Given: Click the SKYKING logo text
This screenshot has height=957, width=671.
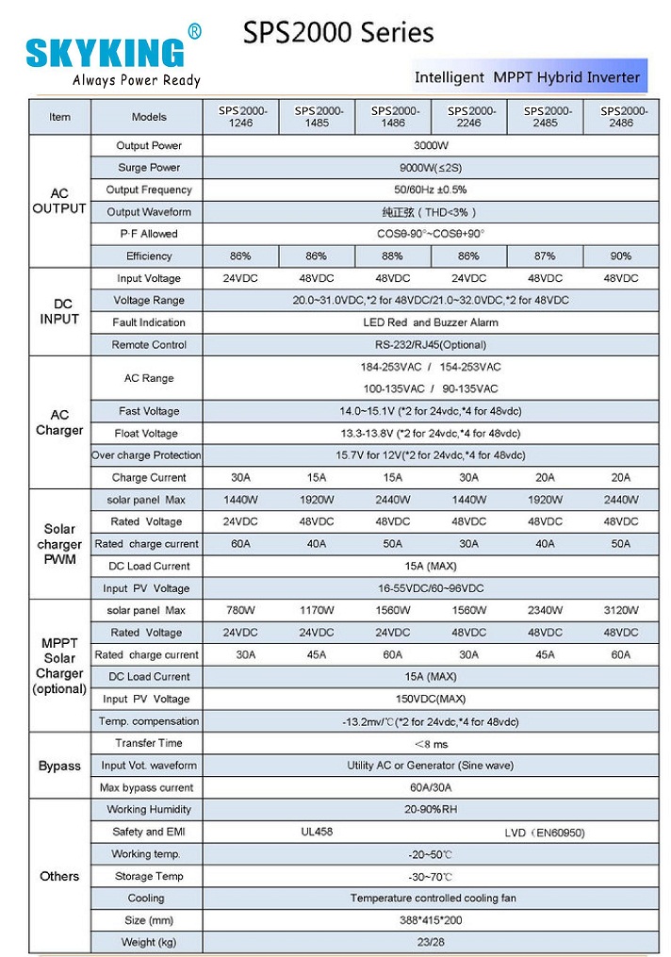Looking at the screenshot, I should (x=106, y=52).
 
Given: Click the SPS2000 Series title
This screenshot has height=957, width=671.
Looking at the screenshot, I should (x=338, y=34).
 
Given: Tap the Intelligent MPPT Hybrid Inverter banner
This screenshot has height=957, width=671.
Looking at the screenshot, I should (x=527, y=77).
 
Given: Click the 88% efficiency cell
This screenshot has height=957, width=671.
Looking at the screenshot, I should (x=392, y=256).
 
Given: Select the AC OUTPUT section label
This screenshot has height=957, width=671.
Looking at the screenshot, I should (x=59, y=201).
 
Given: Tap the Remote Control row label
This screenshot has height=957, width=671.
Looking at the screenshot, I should (x=149, y=345).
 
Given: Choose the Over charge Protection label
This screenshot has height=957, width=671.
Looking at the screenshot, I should (x=146, y=455).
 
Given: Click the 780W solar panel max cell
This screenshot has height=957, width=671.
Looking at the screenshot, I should (x=239, y=611).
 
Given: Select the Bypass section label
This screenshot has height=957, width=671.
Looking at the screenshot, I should (x=59, y=766).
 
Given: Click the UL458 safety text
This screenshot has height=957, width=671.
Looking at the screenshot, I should (x=317, y=832).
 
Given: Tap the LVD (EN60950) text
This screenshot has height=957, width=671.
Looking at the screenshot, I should (x=544, y=833).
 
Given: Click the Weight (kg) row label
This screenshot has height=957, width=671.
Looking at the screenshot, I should (x=148, y=942).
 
